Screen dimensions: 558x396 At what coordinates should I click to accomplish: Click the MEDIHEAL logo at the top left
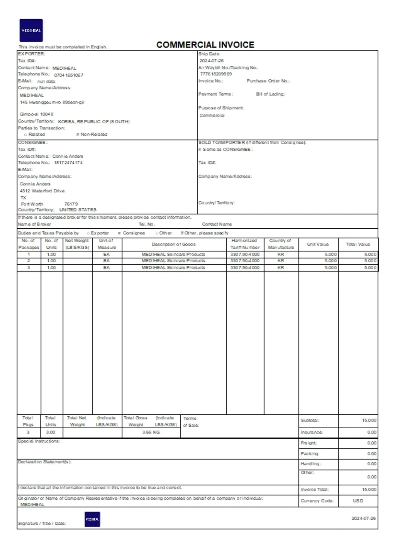31,30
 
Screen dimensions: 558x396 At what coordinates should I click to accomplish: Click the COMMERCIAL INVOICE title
205,45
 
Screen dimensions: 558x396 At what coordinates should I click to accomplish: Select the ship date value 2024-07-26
212,61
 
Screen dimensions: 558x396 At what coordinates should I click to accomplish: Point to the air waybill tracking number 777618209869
216,74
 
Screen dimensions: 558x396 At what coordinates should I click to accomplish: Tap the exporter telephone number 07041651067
69,75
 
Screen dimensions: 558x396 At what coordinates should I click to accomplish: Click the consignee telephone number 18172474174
68,163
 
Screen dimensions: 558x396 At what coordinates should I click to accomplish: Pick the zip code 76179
71,204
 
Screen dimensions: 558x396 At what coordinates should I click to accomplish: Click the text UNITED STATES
78,210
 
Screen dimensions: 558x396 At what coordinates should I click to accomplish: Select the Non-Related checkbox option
78,135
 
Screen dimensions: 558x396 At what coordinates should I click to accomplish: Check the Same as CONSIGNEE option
200,150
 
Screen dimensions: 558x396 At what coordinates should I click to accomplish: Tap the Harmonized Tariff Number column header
245,244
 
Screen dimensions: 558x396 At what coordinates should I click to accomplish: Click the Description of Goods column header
174,244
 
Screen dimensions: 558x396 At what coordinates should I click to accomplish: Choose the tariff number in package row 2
245,261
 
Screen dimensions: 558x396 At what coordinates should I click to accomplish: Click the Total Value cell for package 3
370,267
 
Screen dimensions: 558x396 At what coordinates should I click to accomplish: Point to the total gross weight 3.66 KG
151,432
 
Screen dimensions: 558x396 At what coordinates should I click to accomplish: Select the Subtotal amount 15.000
369,420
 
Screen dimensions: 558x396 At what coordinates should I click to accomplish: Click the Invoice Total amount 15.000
369,489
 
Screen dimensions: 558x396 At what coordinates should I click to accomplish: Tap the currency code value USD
358,501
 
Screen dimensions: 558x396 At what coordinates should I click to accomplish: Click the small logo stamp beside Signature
92,519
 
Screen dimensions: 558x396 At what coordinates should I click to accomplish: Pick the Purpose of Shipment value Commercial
212,115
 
